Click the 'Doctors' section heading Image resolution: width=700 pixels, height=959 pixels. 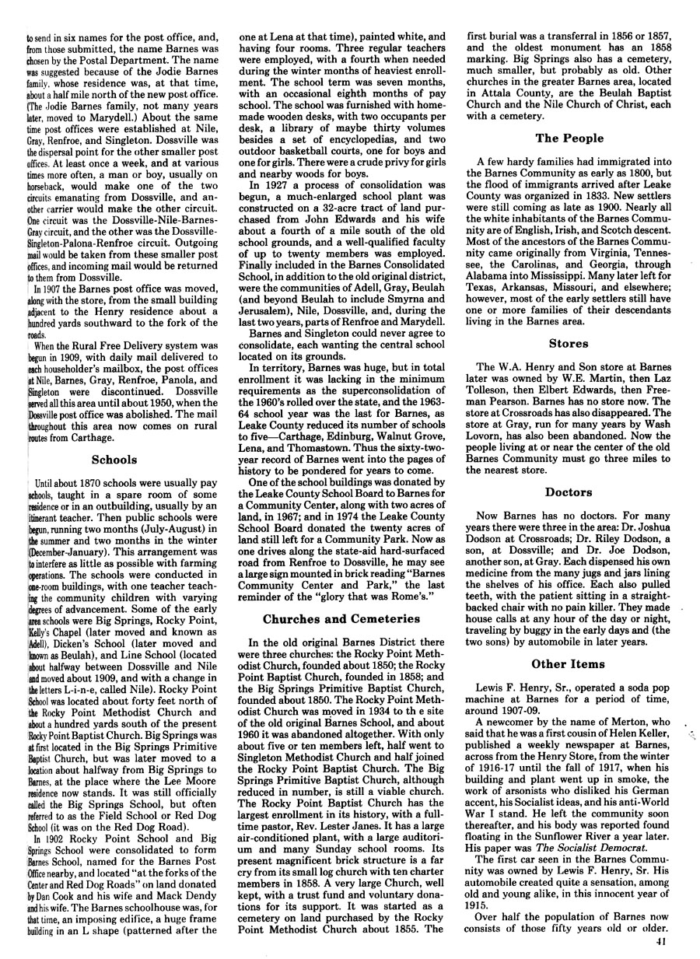coord(569,492)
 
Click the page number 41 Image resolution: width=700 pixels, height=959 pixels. coord(662,943)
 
